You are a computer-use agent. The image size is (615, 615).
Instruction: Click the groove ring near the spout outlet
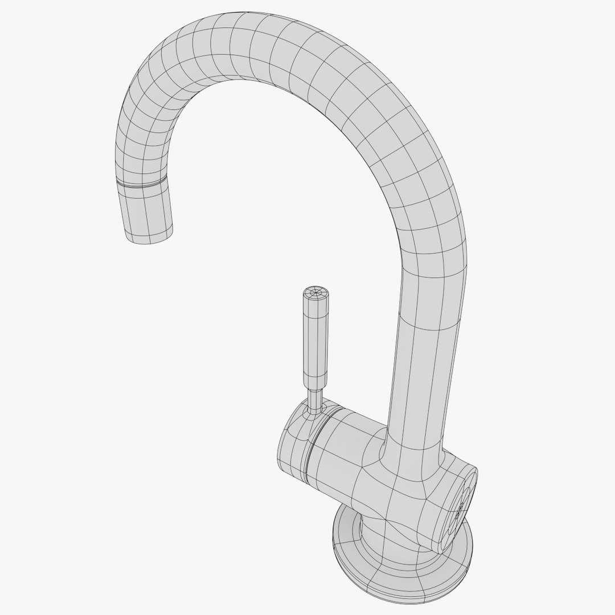coord(142,184)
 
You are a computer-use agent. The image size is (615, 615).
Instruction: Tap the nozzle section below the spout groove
coord(146,211)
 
